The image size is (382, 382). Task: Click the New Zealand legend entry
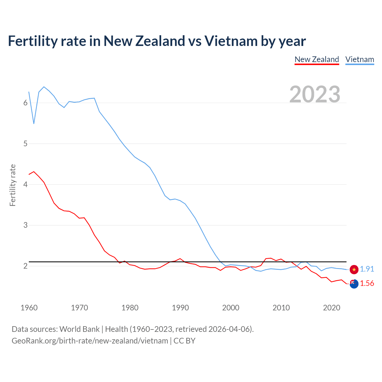click(317, 59)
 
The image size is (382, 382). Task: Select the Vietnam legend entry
click(360, 59)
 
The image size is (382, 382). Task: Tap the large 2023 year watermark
click(315, 94)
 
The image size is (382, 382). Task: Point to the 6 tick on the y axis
click(25, 103)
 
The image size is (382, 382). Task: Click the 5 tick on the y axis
click(25, 144)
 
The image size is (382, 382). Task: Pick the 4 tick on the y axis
click(25, 184)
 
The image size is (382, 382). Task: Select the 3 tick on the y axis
click(25, 225)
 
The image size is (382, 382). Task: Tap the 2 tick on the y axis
click(25, 266)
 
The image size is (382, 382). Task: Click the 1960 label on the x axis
click(29, 308)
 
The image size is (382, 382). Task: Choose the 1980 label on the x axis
click(130, 308)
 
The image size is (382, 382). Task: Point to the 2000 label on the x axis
click(231, 308)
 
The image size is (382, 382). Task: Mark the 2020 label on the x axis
click(332, 308)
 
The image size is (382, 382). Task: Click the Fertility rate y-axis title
click(13, 185)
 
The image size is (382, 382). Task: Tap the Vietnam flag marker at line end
click(354, 269)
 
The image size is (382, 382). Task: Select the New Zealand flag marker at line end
click(354, 284)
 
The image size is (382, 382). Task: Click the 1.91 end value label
click(367, 269)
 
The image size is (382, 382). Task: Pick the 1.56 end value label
click(367, 284)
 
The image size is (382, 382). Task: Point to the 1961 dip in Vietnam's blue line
click(34, 123)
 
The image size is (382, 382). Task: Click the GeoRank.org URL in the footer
click(90, 341)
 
